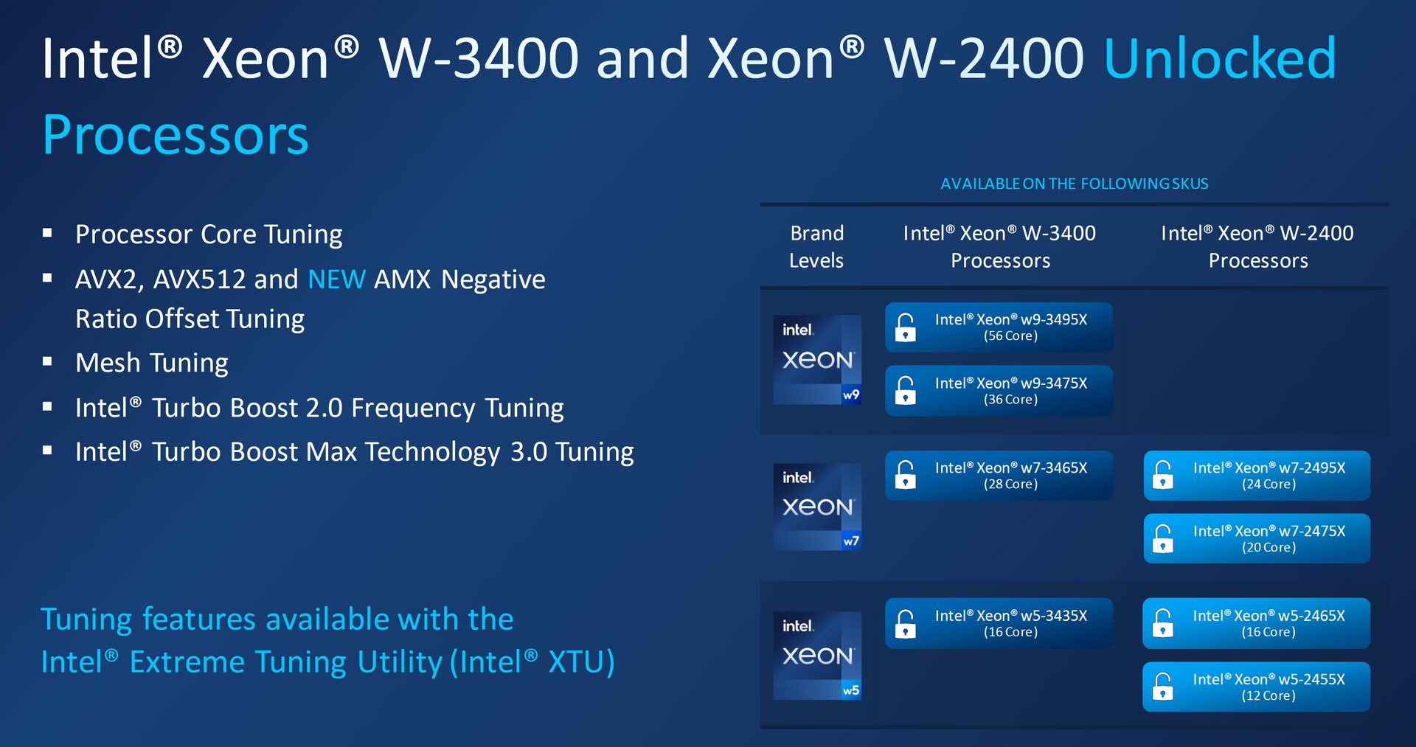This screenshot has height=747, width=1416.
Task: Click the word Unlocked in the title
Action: point(1220,58)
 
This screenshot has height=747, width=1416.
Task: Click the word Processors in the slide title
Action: point(176,136)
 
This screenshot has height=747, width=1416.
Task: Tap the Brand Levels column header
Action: point(816,246)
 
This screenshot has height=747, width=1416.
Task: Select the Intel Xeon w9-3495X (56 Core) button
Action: point(999,327)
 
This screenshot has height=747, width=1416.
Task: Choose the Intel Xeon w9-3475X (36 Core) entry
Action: point(999,391)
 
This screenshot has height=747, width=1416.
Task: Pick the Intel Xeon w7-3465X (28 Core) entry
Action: point(999,476)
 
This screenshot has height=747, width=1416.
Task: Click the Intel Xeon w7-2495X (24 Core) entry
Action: point(1257,476)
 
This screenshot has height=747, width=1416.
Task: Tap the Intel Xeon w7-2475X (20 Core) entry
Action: point(1257,539)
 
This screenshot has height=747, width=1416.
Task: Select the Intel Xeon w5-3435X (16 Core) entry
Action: point(999,623)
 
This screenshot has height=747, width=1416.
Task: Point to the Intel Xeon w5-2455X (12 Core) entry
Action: point(1257,687)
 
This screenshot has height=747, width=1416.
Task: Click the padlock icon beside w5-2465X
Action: point(1163,623)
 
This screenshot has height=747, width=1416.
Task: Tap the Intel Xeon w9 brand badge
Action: point(817,360)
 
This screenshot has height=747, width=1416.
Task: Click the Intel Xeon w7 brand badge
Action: point(817,507)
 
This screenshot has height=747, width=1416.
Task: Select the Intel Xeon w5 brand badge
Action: point(817,656)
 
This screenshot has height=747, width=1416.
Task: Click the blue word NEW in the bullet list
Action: point(336,279)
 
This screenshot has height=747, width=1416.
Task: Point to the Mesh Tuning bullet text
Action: point(152,363)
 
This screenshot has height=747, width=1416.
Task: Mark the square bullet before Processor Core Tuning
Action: point(47,233)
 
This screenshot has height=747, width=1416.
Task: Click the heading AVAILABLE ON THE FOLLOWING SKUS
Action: point(1075,184)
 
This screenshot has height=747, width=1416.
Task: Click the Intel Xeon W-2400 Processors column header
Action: point(1257,246)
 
